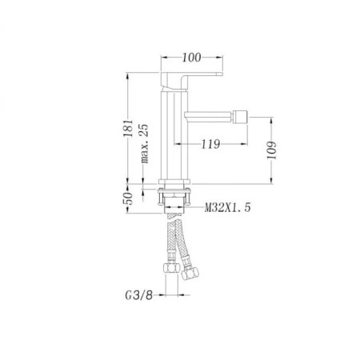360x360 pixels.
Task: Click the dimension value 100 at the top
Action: coord(191,58)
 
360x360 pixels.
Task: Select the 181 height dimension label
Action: coord(128,128)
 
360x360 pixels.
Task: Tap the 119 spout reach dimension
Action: coord(210,144)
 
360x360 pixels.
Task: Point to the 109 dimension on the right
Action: coord(271,150)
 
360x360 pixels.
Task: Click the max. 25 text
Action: coord(144,143)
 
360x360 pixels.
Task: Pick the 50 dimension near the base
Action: coord(128,198)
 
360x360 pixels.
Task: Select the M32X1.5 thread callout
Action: coord(228,207)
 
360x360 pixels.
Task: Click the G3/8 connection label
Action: coord(138,295)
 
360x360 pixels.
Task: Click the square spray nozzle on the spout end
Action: coord(239,117)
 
